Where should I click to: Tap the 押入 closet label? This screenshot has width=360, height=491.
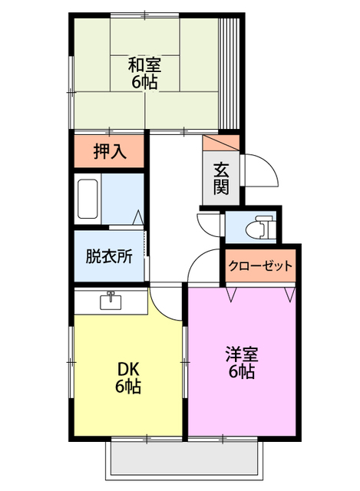(109, 152)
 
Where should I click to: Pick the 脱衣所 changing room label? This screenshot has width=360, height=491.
(108, 255)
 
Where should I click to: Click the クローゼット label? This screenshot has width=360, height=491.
(261, 267)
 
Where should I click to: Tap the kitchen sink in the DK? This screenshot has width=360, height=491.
(111, 300)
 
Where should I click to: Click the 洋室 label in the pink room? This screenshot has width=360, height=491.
(242, 354)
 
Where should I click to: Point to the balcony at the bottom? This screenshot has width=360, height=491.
(181, 460)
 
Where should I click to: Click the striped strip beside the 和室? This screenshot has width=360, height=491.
(229, 73)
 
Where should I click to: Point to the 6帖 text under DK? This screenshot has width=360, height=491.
(127, 387)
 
